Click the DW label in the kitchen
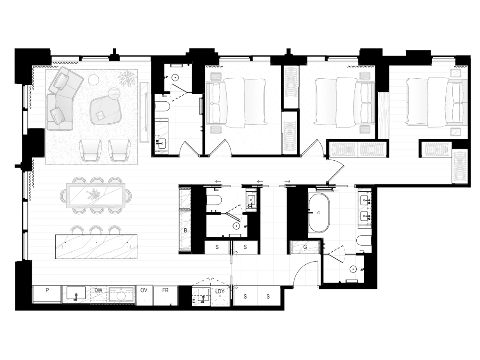pyautogui.click(x=98, y=290)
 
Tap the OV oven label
pyautogui.click(x=143, y=290)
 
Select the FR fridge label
pyautogui.click(x=165, y=290)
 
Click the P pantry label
pyautogui.click(x=47, y=290)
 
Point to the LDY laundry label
pyautogui.click(x=220, y=292)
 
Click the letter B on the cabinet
pyautogui.click(x=186, y=231)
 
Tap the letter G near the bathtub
pyautogui.click(x=305, y=247)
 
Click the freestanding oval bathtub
pyautogui.click(x=319, y=213)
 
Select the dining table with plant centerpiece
pyautogui.click(x=96, y=195)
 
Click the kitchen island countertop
pyautogui.click(x=96, y=247)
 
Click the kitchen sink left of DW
pyautogui.click(x=76, y=295)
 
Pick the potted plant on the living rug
pyautogui.click(x=127, y=77)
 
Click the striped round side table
pyautogui.click(x=113, y=93)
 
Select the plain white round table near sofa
pyautogui.click(x=94, y=80)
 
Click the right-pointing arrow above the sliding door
pyautogui.click(x=287, y=181)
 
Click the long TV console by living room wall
pyautogui.click(x=144, y=112)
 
